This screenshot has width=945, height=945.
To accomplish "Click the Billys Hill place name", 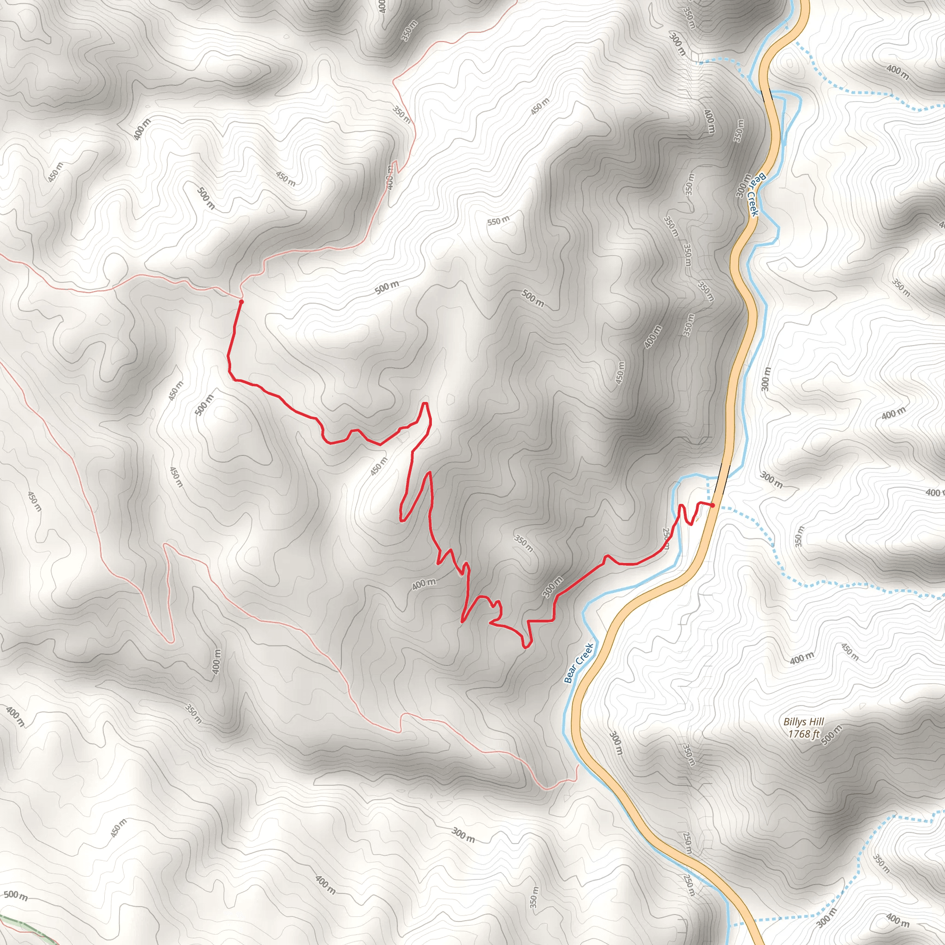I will pos(804,722).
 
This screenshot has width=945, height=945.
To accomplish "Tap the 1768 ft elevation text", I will pos(804,734).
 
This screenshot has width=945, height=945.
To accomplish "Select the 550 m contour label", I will pos(498,221).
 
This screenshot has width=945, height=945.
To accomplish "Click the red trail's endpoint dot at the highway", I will pos(712,505).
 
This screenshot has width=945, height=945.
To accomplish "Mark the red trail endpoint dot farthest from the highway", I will pos(241,302).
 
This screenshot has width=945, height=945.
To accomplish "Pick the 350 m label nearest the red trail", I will pos(523,543).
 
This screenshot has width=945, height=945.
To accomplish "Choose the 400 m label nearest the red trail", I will pos(424,584).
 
